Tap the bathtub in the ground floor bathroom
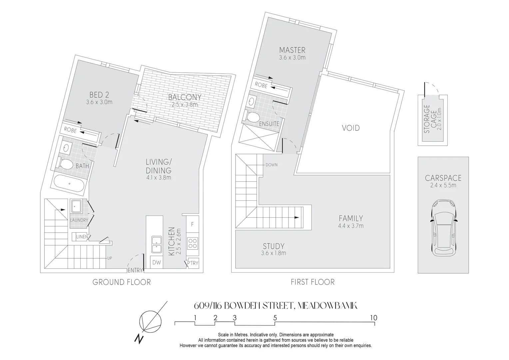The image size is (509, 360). [70, 183]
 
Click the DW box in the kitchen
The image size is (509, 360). [157, 263]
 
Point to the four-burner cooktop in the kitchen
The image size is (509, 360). [193, 243]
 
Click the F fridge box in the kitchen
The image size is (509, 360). [193, 224]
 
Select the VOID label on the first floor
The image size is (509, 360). [351, 128]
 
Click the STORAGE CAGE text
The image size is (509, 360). [430, 119]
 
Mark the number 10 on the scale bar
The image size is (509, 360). [374, 318]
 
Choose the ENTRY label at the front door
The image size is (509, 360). [135, 270]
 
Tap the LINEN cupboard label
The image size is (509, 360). [82, 237]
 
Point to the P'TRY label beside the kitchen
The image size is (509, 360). [193, 263]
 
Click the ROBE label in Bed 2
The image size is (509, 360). [70, 130]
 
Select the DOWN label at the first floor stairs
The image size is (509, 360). [271, 165]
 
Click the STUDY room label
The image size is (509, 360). [273, 246]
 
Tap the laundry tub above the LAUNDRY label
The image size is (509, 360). [76, 206]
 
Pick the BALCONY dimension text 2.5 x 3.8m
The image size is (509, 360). [185, 104]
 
